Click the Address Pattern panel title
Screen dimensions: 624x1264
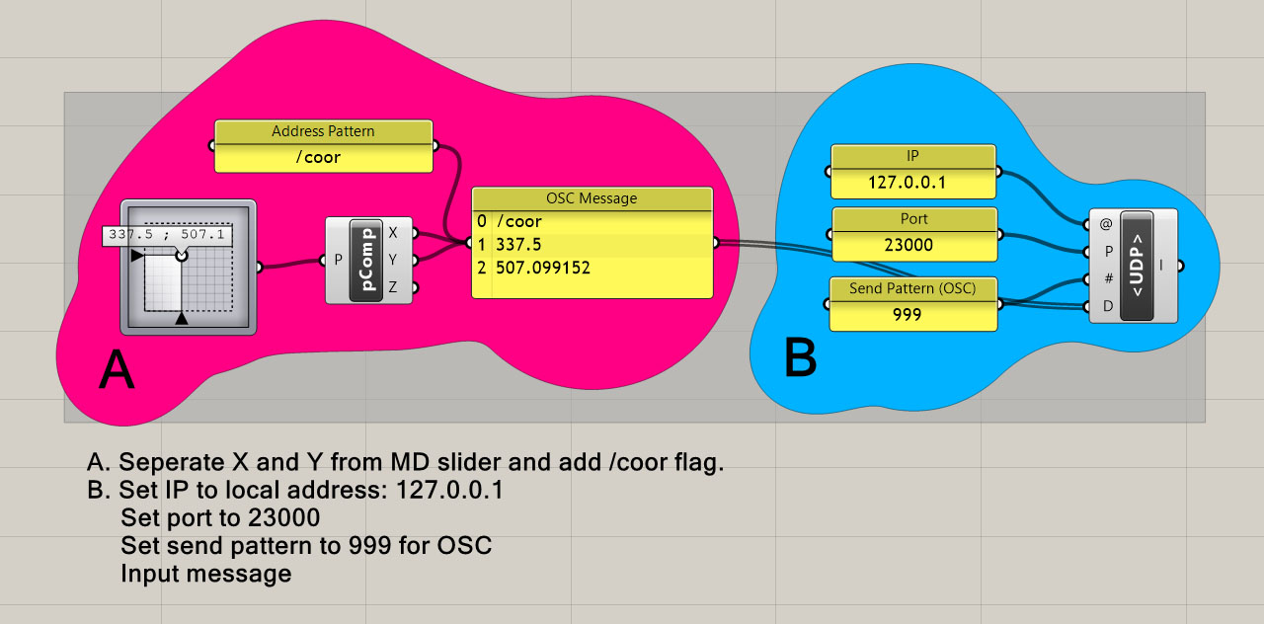(x=323, y=131)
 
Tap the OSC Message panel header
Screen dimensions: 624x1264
(x=592, y=198)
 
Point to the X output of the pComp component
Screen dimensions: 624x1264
(x=393, y=233)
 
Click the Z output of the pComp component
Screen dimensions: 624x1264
(x=393, y=287)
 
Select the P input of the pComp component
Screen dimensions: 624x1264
(x=338, y=261)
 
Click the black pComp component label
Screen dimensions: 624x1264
(x=366, y=261)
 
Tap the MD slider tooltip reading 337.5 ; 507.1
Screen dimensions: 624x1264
(x=168, y=236)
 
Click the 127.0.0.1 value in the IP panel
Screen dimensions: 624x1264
(x=907, y=183)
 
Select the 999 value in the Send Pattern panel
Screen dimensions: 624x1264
(x=906, y=314)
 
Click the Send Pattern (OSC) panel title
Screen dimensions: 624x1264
(x=911, y=288)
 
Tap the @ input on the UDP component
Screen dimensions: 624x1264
(x=1106, y=224)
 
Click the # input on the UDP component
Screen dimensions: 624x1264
(x=1107, y=278)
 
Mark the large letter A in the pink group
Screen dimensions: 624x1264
(x=117, y=372)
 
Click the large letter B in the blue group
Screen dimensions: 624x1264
(x=800, y=358)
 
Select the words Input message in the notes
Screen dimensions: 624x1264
(x=205, y=574)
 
